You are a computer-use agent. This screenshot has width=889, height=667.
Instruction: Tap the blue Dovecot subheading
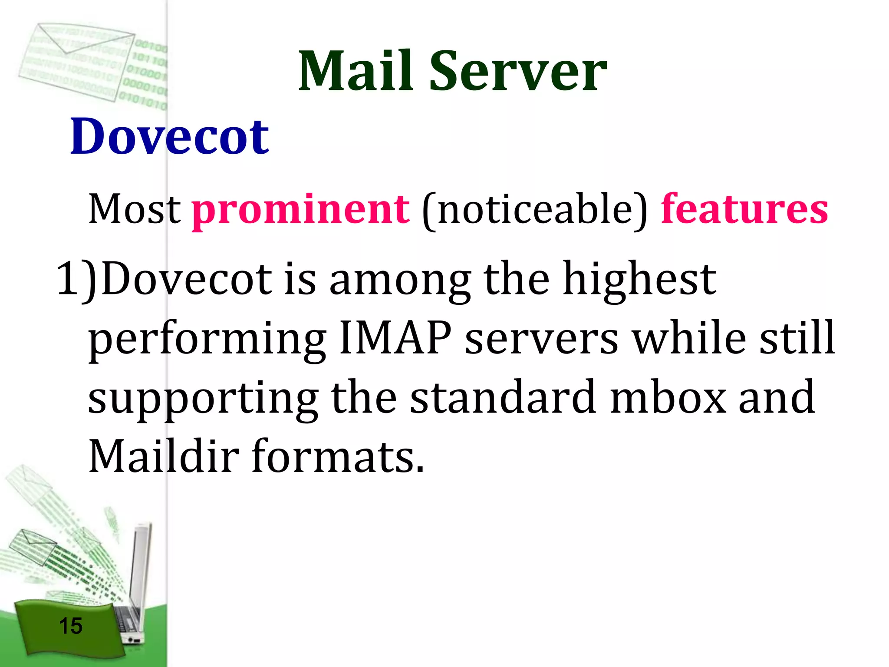point(169,136)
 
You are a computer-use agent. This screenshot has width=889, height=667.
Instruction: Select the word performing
point(207,339)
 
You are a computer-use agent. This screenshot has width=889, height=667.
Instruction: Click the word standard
point(503,397)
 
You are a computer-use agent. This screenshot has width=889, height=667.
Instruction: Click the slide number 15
point(70,626)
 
